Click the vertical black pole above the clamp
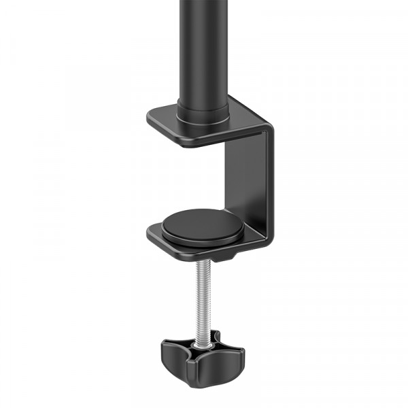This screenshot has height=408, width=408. point(201,48)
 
